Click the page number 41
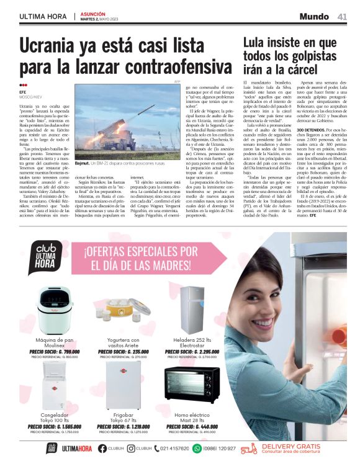tap(341, 17)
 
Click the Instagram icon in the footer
tap(131, 449)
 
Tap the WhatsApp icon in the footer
tap(197, 449)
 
